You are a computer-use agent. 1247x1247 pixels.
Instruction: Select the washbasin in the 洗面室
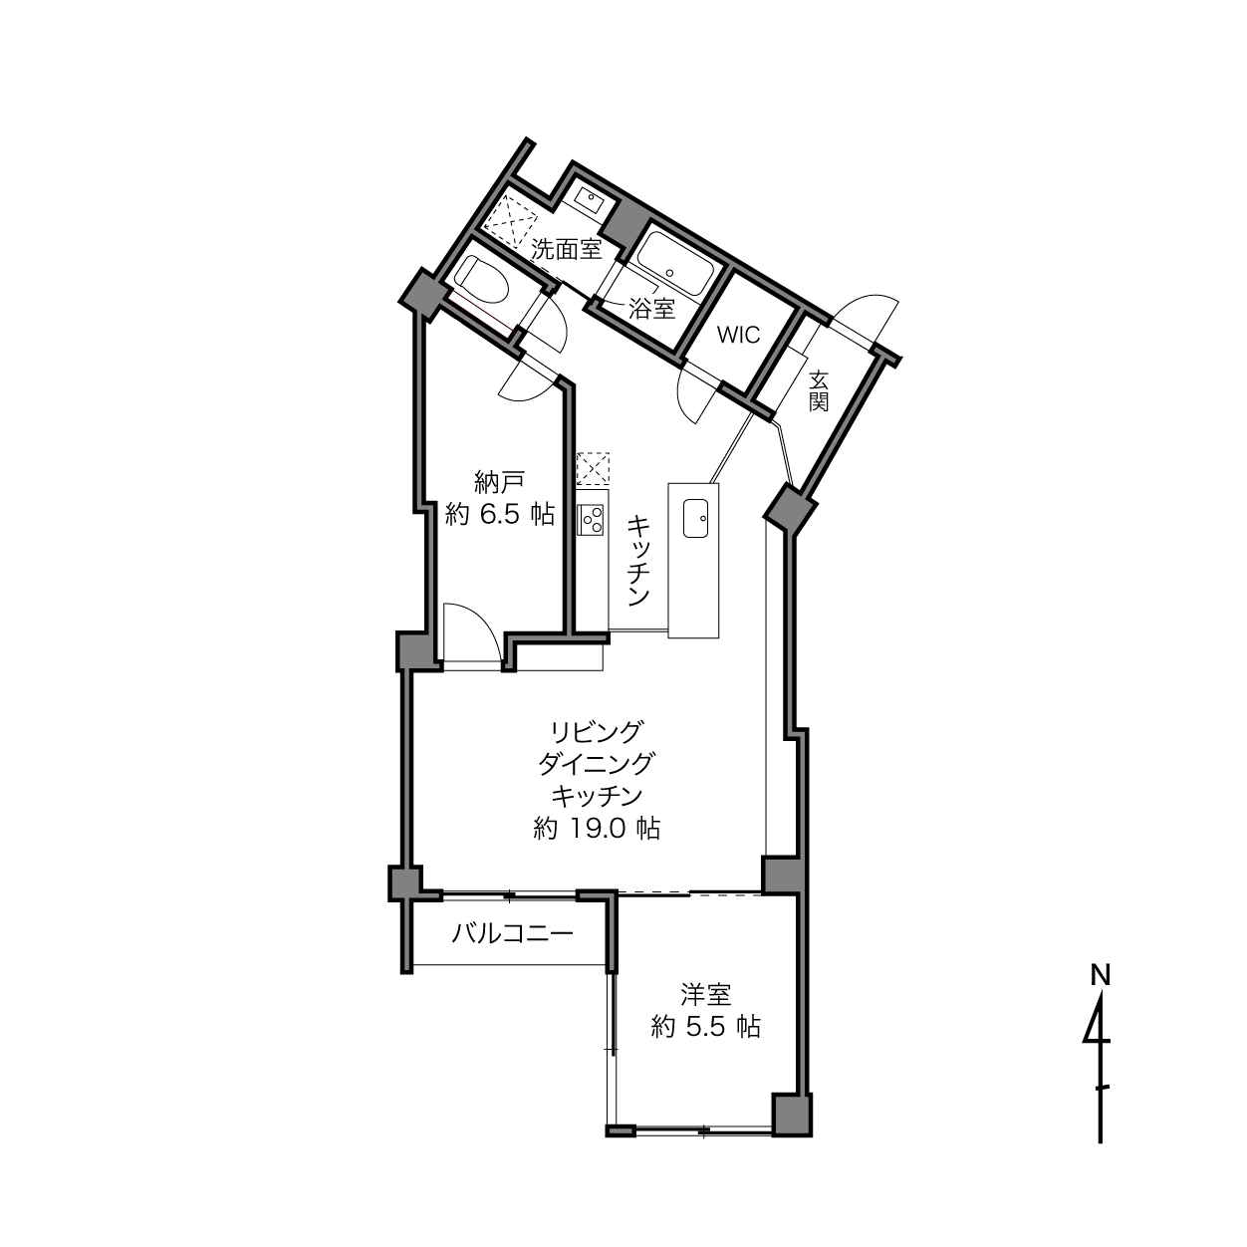pyautogui.click(x=588, y=198)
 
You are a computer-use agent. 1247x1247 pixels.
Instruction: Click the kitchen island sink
pyautogui.click(x=696, y=518)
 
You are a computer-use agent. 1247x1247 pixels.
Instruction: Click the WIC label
pyautogui.click(x=738, y=336)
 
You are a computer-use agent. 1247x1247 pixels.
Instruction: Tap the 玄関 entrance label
pyautogui.click(x=819, y=390)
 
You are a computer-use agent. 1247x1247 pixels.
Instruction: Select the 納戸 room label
pyautogui.click(x=499, y=481)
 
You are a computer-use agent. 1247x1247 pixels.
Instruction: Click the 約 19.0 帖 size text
pyautogui.click(x=596, y=829)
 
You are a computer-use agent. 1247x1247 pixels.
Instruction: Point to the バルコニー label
pyautogui.click(x=513, y=934)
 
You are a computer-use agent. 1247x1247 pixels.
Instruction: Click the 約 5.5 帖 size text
pyautogui.click(x=705, y=1027)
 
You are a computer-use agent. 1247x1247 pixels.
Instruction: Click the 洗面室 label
pyautogui.click(x=567, y=249)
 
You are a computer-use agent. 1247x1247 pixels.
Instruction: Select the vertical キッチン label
pyautogui.click(x=638, y=561)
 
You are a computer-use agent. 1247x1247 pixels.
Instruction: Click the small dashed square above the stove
pyautogui.click(x=593, y=470)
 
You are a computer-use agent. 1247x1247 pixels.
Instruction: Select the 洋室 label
pyautogui.click(x=705, y=995)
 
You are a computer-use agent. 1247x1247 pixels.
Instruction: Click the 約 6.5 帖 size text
pyautogui.click(x=500, y=514)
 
